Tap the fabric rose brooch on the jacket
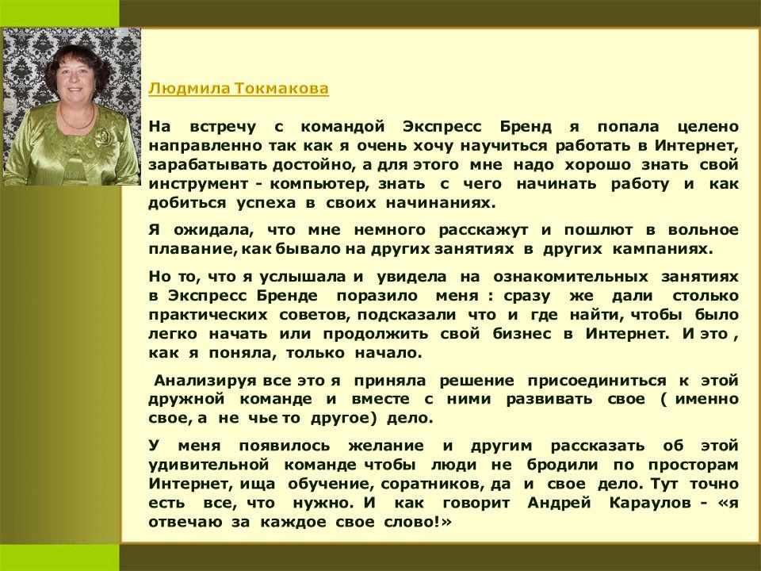105,137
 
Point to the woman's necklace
77,120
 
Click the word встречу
223,128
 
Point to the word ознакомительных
571,278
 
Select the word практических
208,316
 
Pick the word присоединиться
598,380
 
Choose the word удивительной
208,466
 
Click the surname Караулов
650,503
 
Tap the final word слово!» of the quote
418,522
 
